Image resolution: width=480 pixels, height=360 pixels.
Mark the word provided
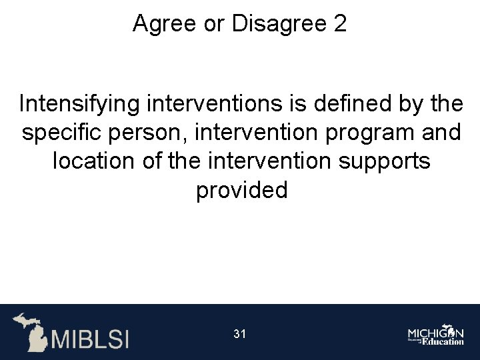tap(241, 190)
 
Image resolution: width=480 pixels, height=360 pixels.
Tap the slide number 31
tap(240, 333)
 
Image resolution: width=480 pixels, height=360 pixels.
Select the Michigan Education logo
tap(436, 335)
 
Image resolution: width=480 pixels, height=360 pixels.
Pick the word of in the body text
tap(155, 161)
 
